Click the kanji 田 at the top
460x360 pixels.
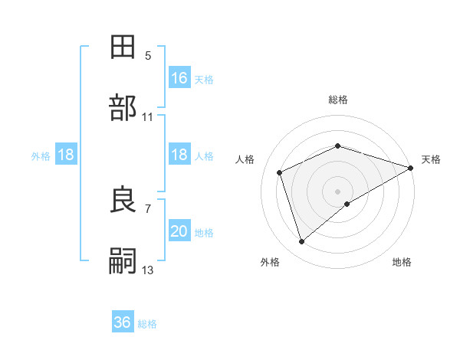coord(124,47)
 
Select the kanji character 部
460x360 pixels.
coord(124,108)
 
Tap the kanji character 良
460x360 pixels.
coord(124,201)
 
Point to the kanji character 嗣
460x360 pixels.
coord(124,261)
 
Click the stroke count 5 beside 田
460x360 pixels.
coord(148,55)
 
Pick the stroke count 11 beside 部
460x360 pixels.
coord(148,116)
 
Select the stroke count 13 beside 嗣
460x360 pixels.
coord(148,270)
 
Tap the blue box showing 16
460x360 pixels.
coord(179,78)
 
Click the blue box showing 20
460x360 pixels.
coord(179,232)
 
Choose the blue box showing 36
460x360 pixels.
coord(123,322)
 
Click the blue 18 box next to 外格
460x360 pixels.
coord(66,155)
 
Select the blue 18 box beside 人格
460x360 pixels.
coord(179,155)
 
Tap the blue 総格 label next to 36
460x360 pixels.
coord(148,323)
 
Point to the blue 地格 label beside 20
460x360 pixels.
coord(204,232)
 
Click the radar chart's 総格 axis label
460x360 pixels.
coord(338,100)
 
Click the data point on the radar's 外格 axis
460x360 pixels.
coord(301,242)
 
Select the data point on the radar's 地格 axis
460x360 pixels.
coord(347,204)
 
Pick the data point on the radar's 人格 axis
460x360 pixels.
coord(280,172)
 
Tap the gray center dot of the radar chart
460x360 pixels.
coord(338,191)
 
